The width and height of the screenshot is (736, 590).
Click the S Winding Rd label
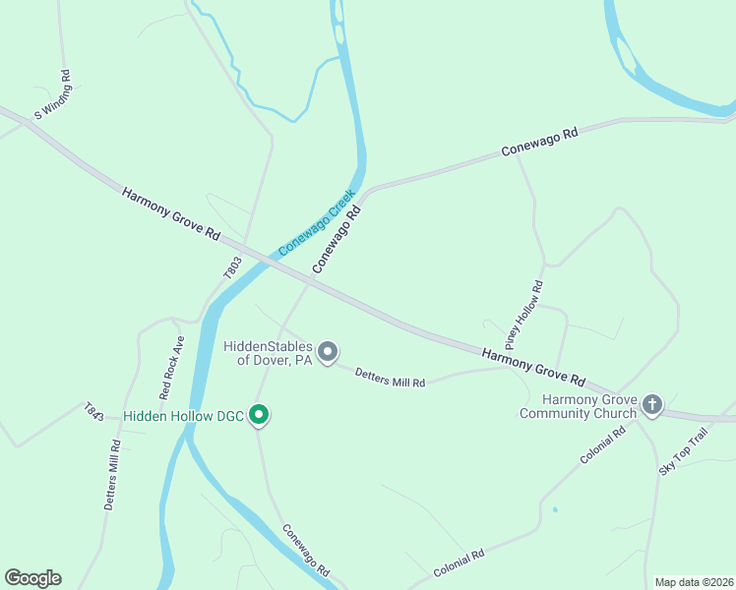point(52,94)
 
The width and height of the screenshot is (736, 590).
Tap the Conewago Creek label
point(315,223)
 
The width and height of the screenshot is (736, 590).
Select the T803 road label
point(232,268)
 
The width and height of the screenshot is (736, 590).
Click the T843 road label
point(93,411)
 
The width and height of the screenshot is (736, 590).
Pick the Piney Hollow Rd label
point(524,316)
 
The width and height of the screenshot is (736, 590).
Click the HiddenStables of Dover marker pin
point(329,351)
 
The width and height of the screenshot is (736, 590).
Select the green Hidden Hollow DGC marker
point(259,416)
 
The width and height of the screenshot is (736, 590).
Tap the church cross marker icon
point(651,404)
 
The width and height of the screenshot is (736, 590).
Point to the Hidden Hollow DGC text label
point(184,417)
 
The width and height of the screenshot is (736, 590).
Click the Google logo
point(32,578)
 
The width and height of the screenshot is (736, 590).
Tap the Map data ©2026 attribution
point(693,581)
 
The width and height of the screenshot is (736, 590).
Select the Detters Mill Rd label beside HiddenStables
point(390,377)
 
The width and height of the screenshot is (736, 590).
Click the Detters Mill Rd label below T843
point(111,474)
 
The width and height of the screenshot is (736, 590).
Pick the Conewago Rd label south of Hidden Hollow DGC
point(305,550)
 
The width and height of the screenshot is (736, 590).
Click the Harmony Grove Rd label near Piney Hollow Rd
point(533,366)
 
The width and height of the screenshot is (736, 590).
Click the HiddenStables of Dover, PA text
point(268,354)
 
